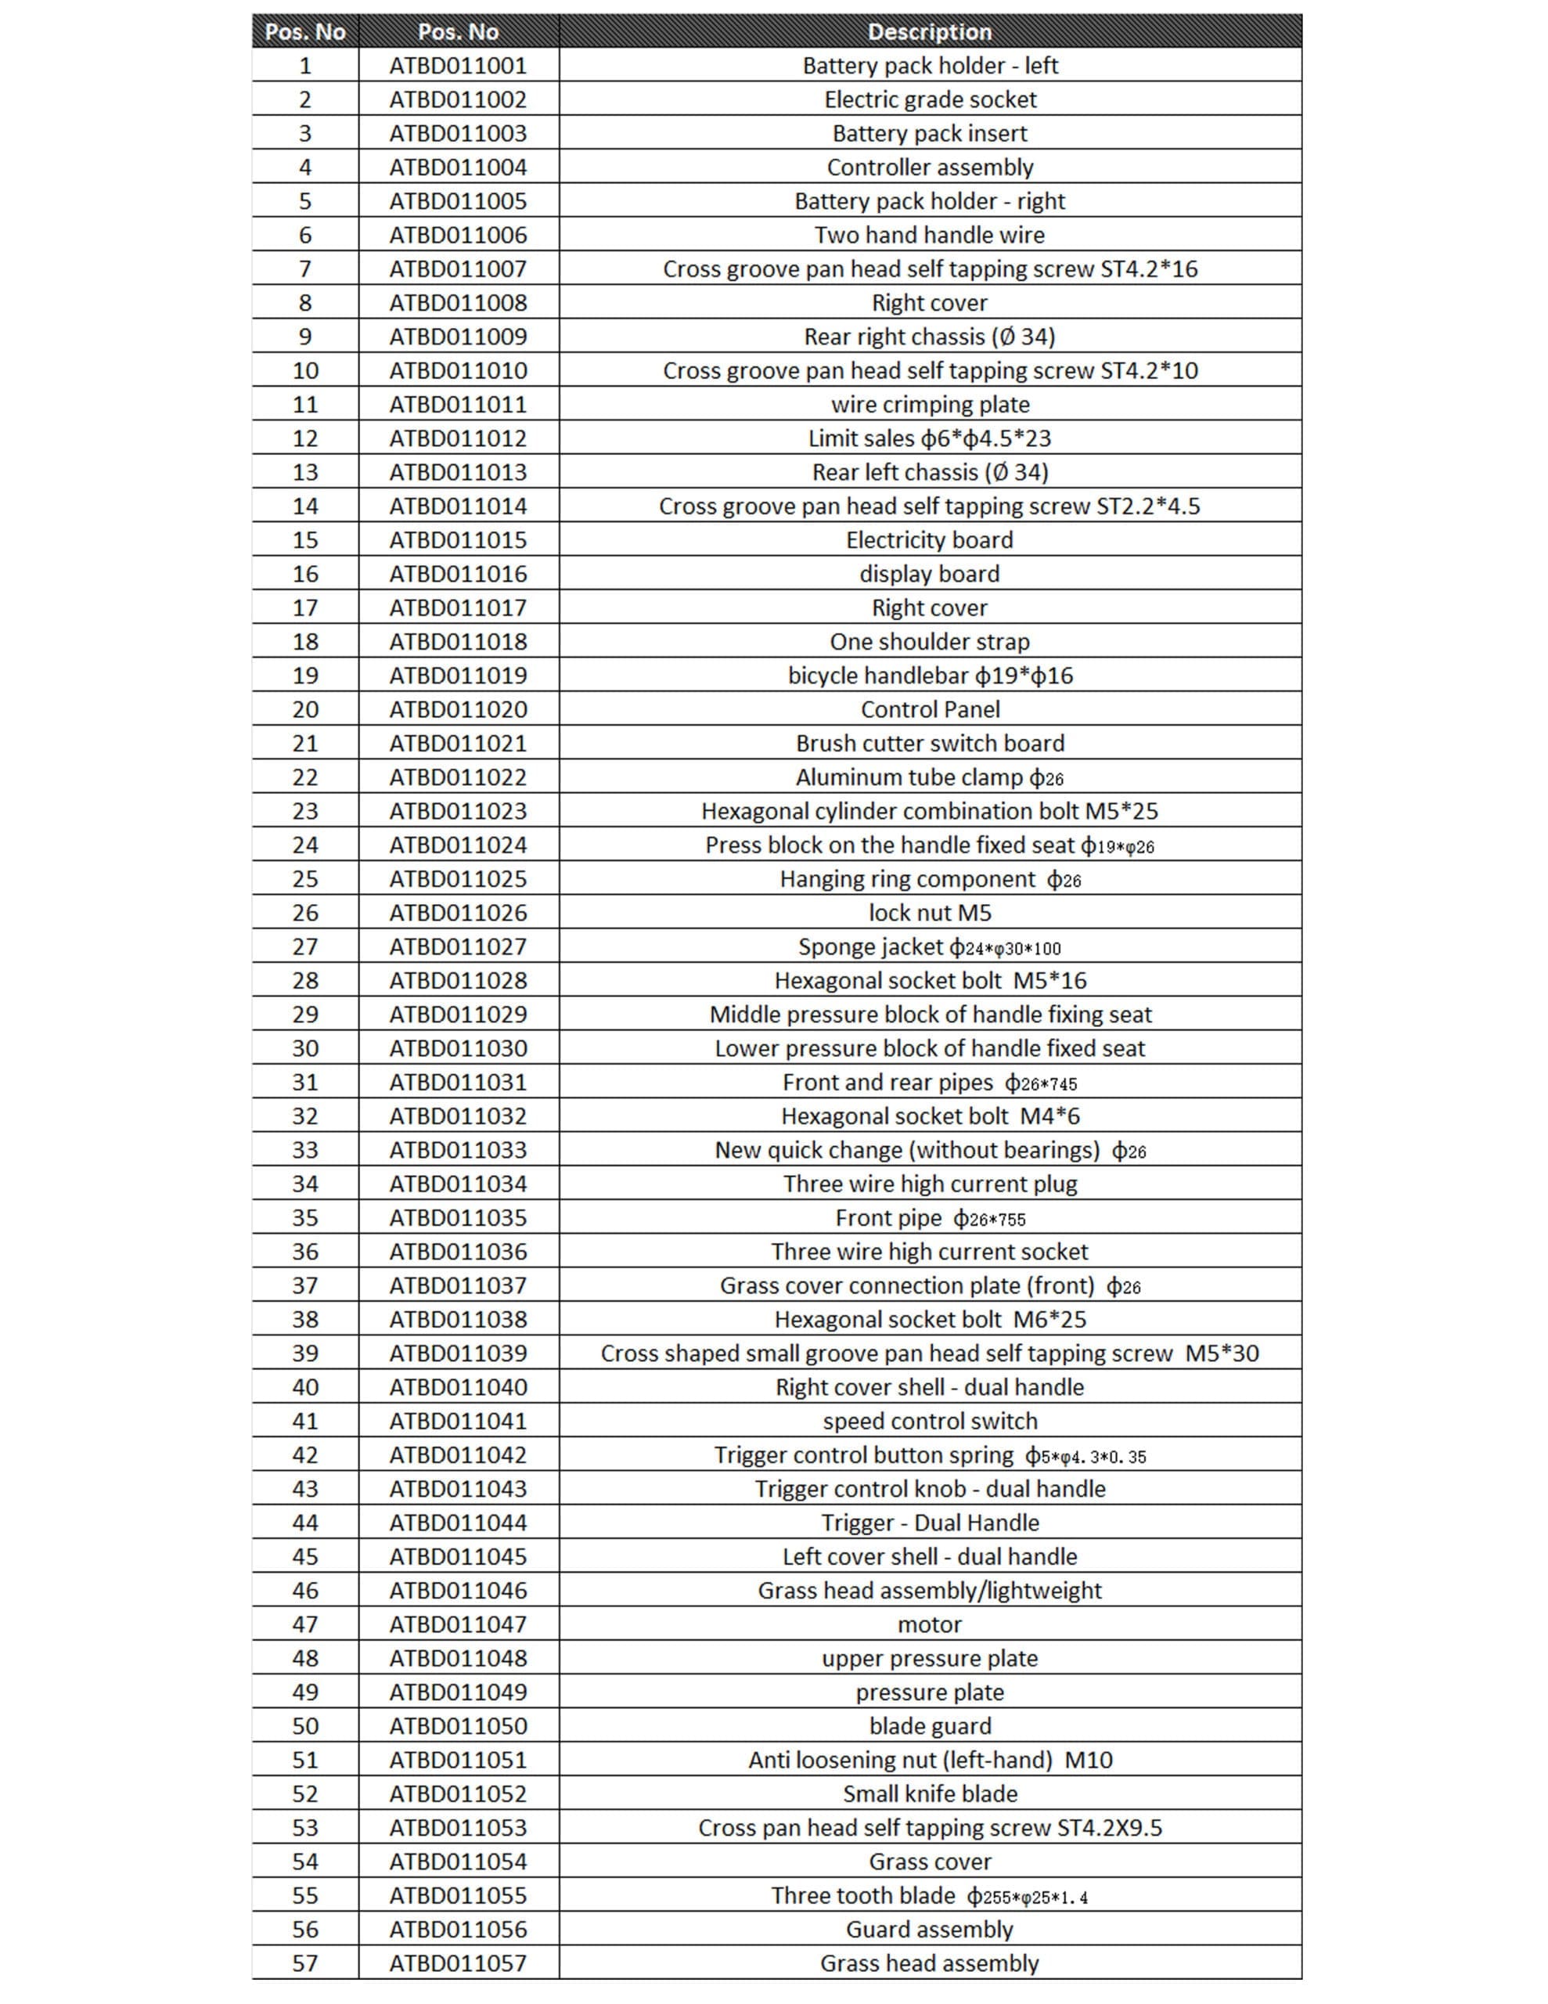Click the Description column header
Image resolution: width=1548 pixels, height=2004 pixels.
click(929, 32)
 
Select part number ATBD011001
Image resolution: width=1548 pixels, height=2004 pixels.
click(458, 66)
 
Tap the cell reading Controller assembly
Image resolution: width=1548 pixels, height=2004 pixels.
click(930, 167)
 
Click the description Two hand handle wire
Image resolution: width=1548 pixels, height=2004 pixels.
click(930, 235)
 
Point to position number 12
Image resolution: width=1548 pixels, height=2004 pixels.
click(304, 438)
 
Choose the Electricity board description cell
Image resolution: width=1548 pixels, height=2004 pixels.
click(930, 539)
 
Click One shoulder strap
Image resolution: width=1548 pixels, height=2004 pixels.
click(930, 641)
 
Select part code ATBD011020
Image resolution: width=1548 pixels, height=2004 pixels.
click(458, 709)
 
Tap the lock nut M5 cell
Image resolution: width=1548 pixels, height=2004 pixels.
click(930, 913)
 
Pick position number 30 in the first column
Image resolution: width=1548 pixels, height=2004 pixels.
click(304, 1048)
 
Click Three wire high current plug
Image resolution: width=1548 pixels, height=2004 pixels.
click(930, 1184)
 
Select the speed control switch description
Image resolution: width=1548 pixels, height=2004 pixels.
click(930, 1422)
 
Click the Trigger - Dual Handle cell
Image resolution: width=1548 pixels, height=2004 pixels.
click(930, 1523)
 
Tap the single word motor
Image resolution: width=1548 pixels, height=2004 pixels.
click(930, 1624)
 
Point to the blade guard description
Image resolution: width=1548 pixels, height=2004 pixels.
click(930, 1726)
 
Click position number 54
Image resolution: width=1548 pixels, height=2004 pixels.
click(304, 1862)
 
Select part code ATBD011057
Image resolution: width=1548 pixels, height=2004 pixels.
click(458, 1963)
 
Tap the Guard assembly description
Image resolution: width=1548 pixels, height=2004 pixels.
click(930, 1930)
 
